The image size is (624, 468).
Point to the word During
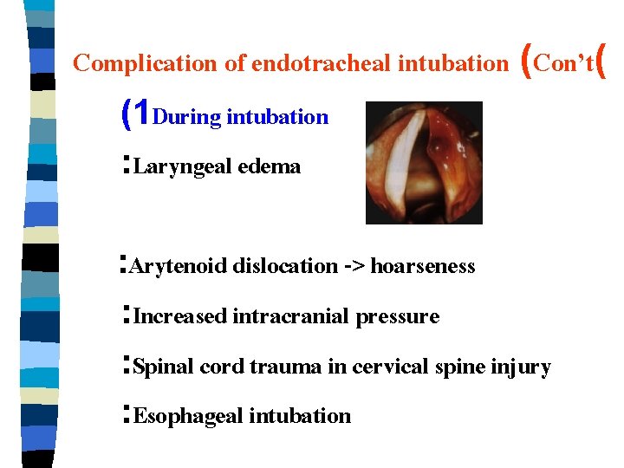(x=186, y=117)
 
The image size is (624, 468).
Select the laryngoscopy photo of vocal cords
(x=424, y=163)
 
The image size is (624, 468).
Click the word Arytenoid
(x=178, y=266)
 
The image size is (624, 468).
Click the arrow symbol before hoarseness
(x=354, y=266)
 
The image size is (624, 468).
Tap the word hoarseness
(x=423, y=266)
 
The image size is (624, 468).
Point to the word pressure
(x=399, y=317)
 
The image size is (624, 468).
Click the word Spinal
(x=165, y=367)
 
